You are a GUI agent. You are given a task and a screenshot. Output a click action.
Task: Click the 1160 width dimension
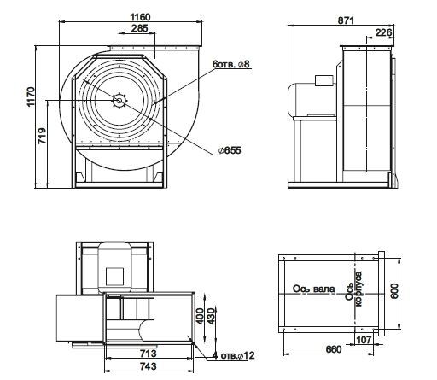coord(140,17)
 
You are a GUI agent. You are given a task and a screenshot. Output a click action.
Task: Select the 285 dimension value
coord(140,28)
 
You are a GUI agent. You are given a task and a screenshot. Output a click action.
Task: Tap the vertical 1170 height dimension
coord(31,96)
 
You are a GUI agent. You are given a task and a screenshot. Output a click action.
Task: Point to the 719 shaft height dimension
coord(42,136)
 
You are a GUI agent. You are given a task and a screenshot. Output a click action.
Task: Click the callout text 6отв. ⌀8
coord(230,64)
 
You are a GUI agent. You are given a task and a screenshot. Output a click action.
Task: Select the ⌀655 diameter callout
coord(230,150)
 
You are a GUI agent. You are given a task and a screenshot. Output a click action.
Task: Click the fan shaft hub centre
coord(119,100)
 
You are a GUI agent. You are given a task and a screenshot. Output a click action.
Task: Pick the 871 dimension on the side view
coord(346,20)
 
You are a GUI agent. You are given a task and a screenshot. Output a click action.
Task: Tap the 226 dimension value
coord(383,32)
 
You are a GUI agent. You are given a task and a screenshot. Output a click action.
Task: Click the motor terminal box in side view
coord(323,80)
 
